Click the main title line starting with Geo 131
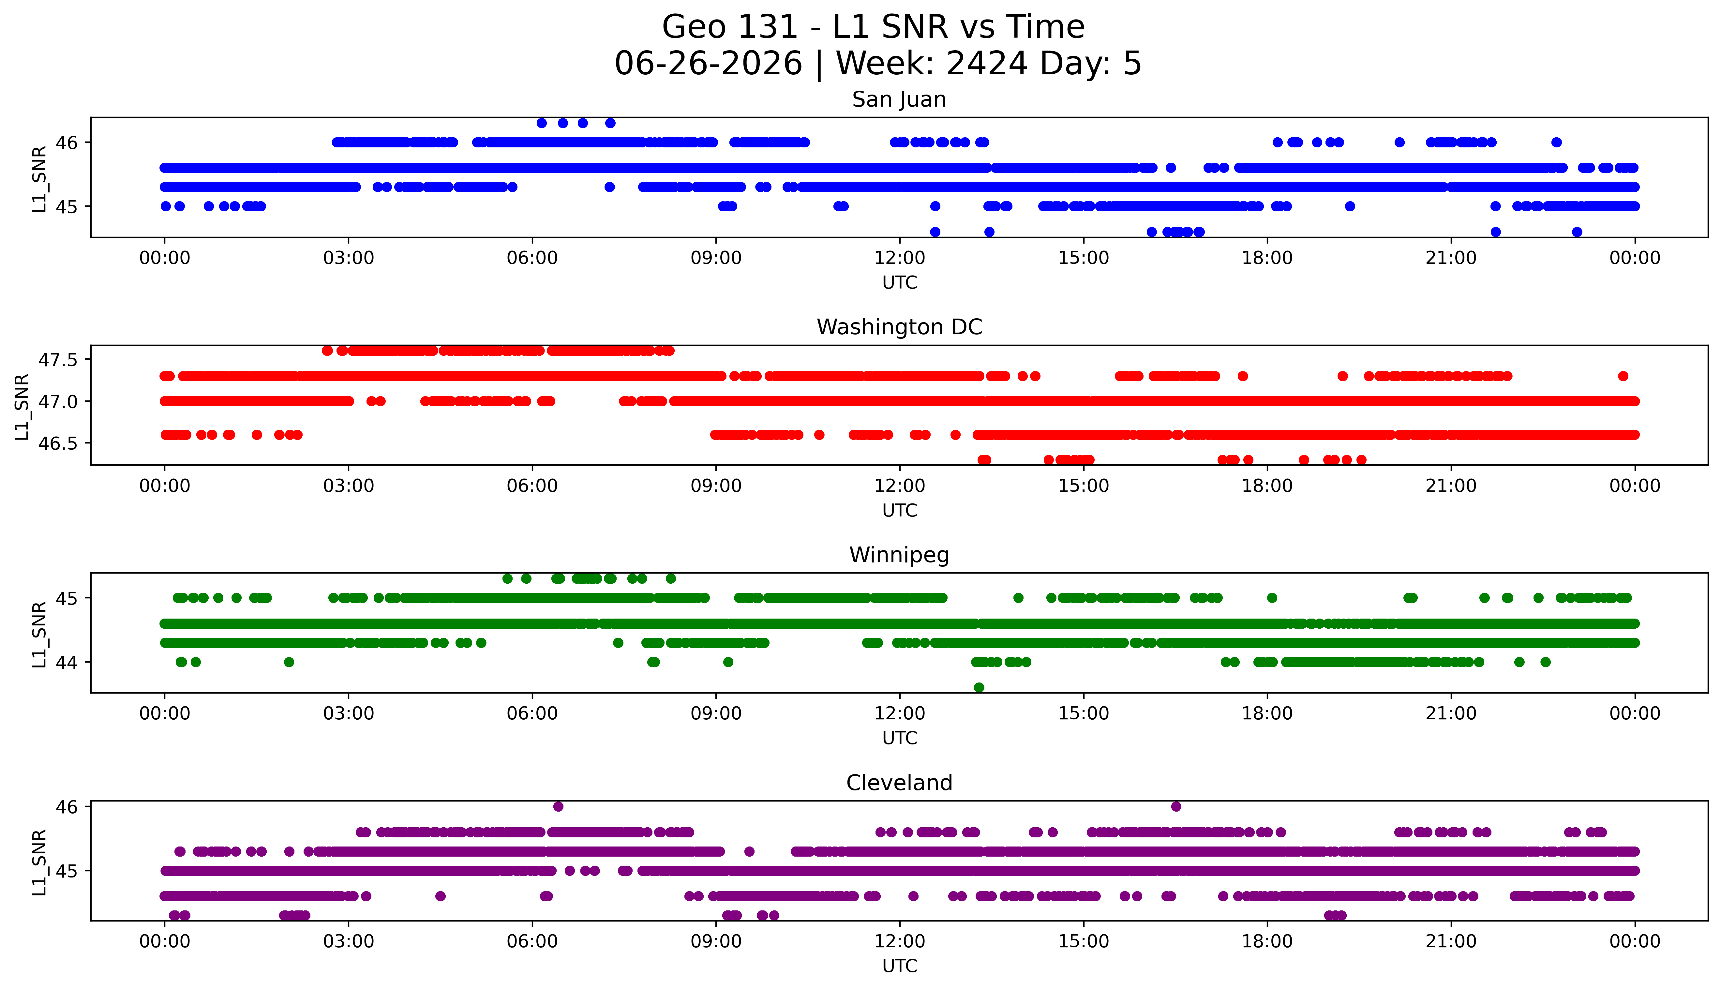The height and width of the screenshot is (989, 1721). pos(874,27)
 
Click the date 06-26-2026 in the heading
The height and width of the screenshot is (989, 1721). pos(708,63)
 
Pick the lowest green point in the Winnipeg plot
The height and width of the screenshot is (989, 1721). pos(979,687)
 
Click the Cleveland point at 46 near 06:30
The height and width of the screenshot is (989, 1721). pos(558,806)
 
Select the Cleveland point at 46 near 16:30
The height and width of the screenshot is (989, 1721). pos(1176,806)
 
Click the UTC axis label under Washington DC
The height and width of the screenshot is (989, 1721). pos(899,510)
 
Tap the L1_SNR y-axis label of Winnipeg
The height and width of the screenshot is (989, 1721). pos(39,634)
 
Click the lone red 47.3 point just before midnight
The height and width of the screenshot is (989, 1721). pos(1623,376)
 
